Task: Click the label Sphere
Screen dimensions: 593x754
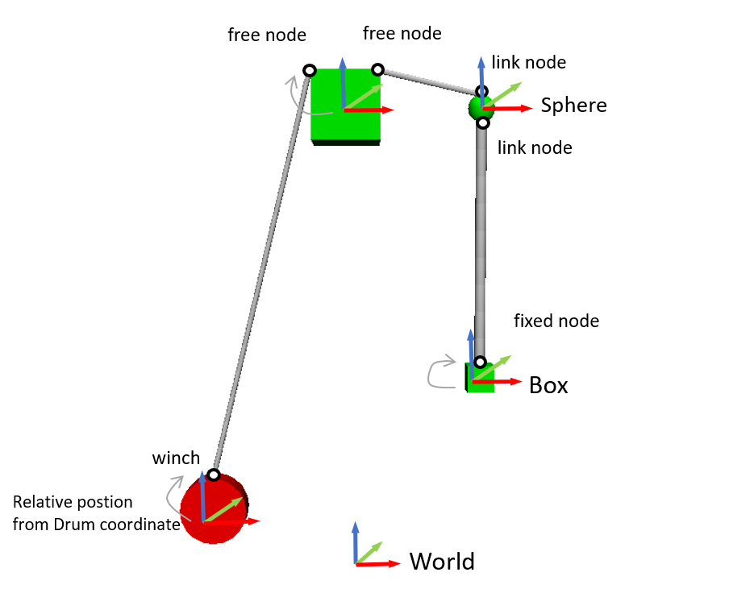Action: [573, 105]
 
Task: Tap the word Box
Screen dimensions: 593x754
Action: [548, 386]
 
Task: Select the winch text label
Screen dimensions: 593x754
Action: [176, 458]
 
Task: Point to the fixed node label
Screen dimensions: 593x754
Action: [556, 321]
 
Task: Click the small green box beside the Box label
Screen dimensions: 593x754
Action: [481, 379]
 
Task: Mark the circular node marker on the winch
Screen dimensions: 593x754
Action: [214, 475]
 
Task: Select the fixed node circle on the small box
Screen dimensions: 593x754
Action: [480, 362]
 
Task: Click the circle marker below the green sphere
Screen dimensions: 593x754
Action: [483, 122]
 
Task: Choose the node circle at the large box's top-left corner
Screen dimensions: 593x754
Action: [309, 71]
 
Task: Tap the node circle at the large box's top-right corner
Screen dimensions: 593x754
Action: [377, 69]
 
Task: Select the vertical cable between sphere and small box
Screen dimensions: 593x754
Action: [481, 242]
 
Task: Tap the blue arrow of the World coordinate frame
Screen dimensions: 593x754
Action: [355, 540]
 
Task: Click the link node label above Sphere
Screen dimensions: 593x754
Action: [528, 62]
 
